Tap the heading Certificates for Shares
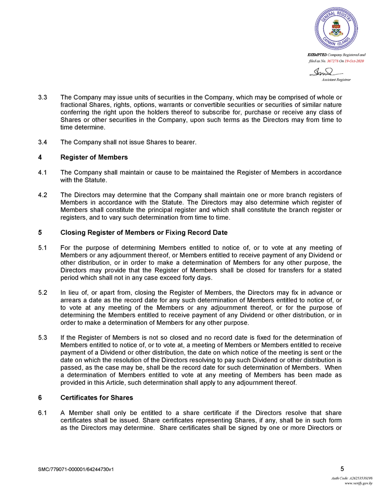[97, 398]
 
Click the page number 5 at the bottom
[342, 469]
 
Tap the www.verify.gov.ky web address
[359, 484]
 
